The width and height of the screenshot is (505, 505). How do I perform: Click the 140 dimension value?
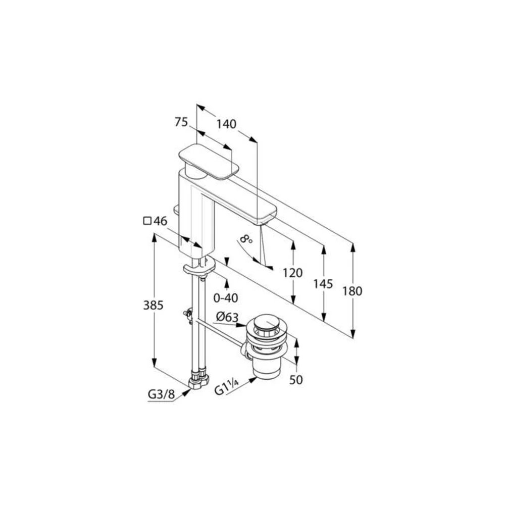coord(226,124)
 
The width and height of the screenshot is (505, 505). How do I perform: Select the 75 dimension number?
coord(181,122)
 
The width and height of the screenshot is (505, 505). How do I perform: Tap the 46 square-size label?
coord(161,221)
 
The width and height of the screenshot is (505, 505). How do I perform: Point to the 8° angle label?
coord(246,239)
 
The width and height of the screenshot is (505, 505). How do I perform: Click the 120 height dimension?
coord(292,273)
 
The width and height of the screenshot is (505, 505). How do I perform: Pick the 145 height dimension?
coord(323,284)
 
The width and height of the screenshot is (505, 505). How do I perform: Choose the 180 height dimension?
coord(352,291)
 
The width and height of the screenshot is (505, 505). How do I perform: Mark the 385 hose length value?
coord(154,306)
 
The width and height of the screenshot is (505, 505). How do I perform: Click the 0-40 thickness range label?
coord(226,298)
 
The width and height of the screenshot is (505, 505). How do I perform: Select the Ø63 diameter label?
coord(227,317)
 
